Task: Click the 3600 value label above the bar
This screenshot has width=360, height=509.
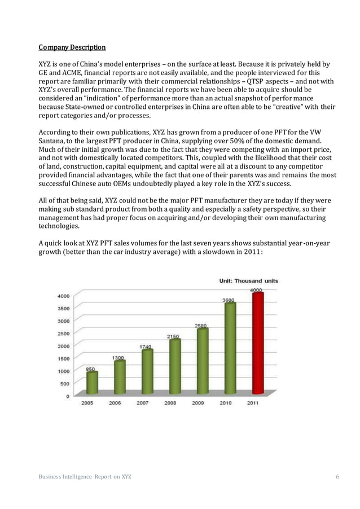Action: [x=229, y=300]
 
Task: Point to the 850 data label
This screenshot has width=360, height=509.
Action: [x=90, y=368]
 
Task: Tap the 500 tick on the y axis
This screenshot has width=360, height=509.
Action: [x=65, y=384]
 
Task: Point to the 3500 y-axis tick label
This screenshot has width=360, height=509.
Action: [x=63, y=309]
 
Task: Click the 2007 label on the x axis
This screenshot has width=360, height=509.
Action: [x=143, y=403]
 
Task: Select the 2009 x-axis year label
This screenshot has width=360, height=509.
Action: [x=197, y=403]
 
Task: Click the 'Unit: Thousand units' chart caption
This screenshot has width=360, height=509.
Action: [x=248, y=280]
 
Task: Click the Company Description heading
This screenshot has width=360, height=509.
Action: [x=72, y=46]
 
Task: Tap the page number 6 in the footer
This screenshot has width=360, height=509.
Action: [x=337, y=477]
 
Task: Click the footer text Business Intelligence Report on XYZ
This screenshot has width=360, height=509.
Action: [x=85, y=477]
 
